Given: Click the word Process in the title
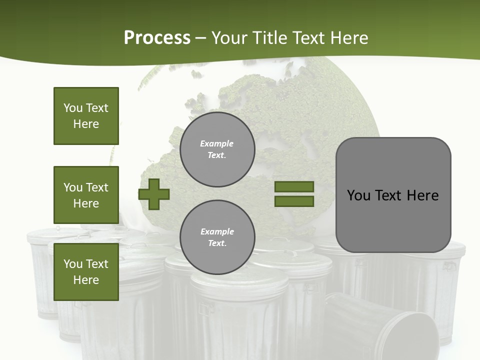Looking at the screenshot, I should [157, 38].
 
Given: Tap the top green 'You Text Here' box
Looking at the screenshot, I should [86, 116].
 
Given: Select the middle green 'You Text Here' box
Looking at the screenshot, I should [86, 195].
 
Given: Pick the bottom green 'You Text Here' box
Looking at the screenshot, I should [86, 272].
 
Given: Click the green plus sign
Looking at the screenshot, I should [153, 194].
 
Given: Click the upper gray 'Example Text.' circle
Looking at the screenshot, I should [217, 149].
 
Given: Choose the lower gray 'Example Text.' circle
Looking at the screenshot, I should [217, 237].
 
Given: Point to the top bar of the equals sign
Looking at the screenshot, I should [294, 187].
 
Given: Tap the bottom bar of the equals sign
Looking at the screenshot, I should [294, 201].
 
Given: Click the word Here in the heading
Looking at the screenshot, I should [348, 38].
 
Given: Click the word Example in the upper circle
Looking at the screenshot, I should [217, 143].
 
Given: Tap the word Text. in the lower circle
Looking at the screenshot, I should [217, 243].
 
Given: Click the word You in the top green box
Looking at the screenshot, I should [73, 108].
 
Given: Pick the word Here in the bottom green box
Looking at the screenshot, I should [86, 280].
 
